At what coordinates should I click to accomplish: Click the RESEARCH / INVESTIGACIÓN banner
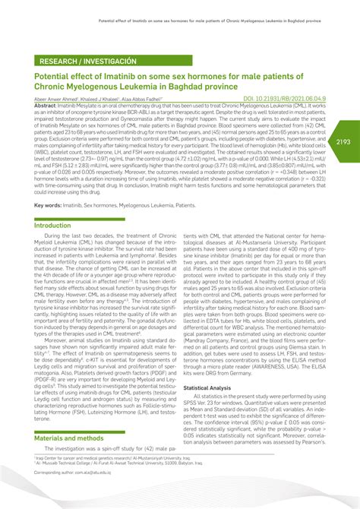[90, 60]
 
